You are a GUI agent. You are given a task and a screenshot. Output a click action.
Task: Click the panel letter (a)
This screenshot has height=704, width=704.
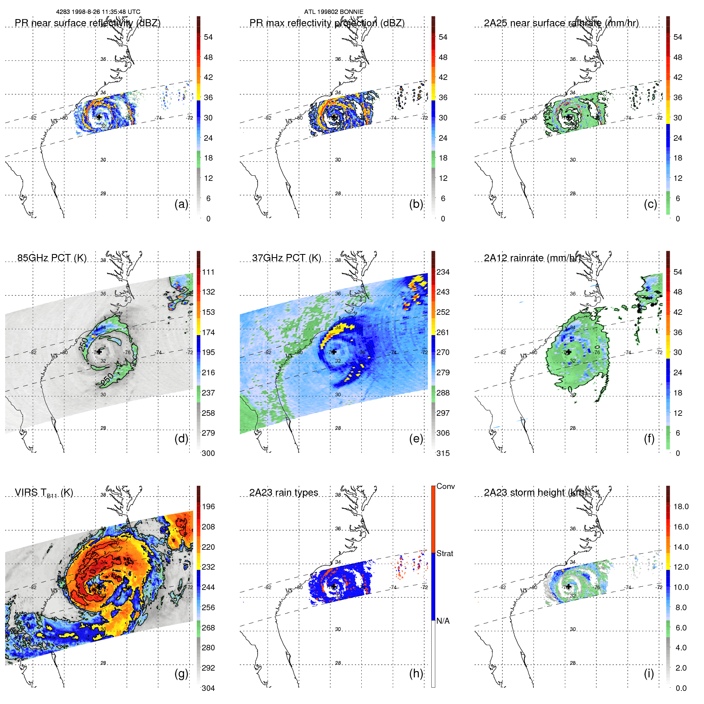[x=181, y=204]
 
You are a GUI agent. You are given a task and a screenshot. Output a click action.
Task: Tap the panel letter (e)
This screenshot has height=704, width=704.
[x=416, y=439]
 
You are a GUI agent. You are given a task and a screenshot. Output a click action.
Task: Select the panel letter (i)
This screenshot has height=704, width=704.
[x=649, y=674]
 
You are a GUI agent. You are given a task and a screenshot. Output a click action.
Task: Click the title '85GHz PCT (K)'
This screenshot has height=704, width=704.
[x=52, y=258]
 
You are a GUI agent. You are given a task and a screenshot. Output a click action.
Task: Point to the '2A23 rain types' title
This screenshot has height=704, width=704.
[x=283, y=493]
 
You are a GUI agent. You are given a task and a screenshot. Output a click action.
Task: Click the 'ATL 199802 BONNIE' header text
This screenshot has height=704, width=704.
[x=334, y=12]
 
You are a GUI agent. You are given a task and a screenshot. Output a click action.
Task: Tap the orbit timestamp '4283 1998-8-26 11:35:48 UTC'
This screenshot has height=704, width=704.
[x=98, y=12]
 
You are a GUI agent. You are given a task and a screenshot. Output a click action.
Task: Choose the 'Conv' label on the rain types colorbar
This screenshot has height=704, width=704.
[x=446, y=487]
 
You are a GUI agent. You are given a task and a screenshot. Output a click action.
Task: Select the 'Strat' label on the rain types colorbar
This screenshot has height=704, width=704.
[x=445, y=554]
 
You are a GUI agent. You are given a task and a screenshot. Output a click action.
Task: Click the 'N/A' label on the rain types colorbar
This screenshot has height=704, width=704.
[x=443, y=621]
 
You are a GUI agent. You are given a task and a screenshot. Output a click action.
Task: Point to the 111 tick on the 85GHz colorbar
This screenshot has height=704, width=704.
[x=208, y=272]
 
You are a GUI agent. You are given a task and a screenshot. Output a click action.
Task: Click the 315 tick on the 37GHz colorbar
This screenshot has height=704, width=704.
[x=443, y=454]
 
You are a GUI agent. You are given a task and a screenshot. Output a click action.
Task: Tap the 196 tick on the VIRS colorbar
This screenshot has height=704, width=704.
[x=208, y=507]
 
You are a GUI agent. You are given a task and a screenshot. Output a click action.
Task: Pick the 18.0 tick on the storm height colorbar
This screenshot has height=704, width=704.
[x=681, y=507]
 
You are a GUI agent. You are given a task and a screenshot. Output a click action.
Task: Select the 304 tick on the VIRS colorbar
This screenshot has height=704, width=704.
[x=208, y=688]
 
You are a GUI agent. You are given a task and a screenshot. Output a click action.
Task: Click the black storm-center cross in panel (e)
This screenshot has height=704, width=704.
[x=334, y=352]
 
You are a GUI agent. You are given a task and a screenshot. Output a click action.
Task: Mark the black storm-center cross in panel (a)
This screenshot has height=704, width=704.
[x=99, y=117]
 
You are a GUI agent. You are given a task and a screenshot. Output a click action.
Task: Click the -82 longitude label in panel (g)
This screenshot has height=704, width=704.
[x=33, y=588]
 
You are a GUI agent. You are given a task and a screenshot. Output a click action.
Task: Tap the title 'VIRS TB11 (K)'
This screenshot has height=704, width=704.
[x=44, y=493]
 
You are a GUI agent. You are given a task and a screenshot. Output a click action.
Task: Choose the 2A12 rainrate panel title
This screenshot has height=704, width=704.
[x=532, y=258]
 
